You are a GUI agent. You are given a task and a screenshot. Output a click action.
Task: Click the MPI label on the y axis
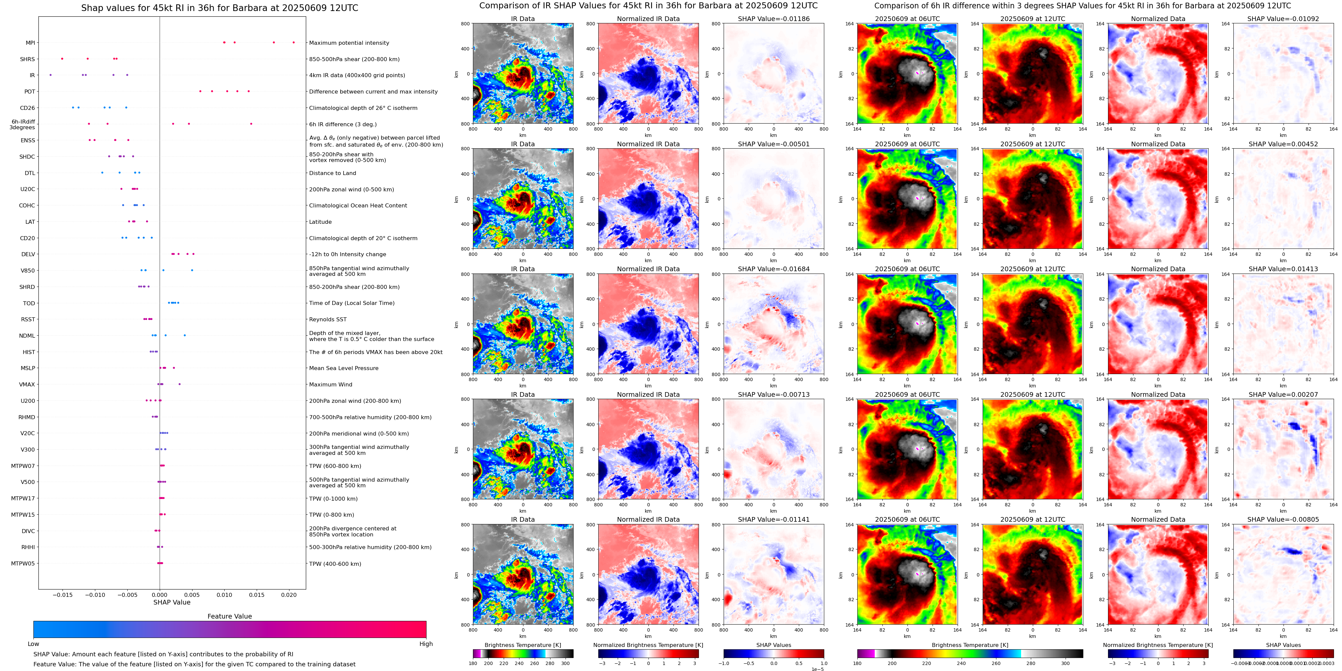(x=30, y=43)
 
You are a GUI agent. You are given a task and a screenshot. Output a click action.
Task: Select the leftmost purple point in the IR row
(x=50, y=75)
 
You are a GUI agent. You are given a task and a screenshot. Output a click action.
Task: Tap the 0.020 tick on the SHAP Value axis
(x=288, y=595)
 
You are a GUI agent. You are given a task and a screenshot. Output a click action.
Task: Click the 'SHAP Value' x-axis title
(x=171, y=602)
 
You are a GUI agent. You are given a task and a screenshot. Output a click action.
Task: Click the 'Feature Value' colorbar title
(x=229, y=616)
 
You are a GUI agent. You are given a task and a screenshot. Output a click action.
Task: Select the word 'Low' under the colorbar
(x=33, y=644)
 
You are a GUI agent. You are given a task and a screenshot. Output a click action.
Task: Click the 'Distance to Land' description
(x=332, y=173)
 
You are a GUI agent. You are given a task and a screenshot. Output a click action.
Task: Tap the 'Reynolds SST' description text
(x=328, y=320)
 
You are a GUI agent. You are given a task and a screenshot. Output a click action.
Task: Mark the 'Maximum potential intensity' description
(x=349, y=43)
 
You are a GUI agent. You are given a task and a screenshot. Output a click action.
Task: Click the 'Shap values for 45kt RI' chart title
(x=219, y=8)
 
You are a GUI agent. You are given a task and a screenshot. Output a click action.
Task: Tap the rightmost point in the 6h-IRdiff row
(x=251, y=124)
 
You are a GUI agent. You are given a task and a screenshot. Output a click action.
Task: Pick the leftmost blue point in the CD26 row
(x=73, y=108)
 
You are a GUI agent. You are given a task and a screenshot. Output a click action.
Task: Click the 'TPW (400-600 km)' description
(x=335, y=564)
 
